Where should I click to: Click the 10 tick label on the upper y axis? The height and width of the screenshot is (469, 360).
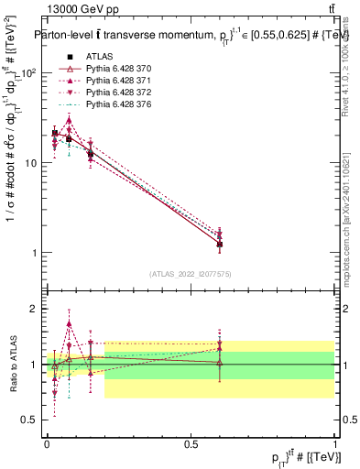(x=33, y=163)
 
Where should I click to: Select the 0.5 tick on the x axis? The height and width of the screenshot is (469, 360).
(x=191, y=442)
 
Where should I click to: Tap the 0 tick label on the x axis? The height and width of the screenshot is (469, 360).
(x=47, y=442)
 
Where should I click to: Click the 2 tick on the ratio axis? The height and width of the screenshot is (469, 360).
(x=36, y=309)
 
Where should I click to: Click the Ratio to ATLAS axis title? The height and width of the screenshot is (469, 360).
(x=13, y=364)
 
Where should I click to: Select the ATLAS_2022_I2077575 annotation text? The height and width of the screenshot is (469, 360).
(x=191, y=274)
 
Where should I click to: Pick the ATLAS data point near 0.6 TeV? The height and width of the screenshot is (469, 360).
(x=220, y=245)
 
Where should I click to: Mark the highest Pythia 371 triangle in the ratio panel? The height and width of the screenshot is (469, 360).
(x=70, y=323)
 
